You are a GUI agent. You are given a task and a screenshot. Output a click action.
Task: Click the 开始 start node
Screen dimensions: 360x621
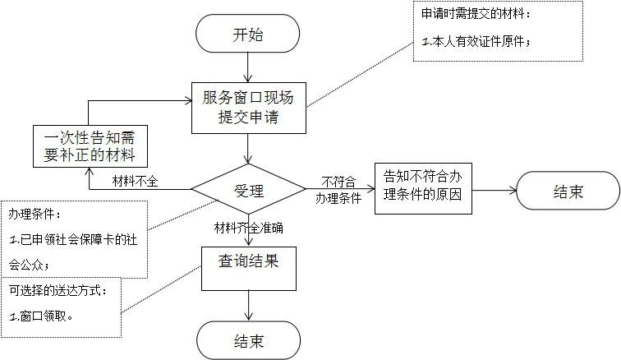(248, 35)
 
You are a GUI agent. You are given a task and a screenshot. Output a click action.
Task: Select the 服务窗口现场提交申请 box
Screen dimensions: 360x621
(248, 108)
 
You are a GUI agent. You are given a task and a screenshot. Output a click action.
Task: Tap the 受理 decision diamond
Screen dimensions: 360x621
(248, 192)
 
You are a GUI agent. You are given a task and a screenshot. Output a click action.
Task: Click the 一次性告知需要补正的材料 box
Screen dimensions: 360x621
(90, 145)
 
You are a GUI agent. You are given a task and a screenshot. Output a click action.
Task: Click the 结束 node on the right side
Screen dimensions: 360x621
(568, 192)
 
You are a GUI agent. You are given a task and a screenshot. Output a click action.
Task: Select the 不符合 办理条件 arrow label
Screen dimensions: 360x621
(338, 190)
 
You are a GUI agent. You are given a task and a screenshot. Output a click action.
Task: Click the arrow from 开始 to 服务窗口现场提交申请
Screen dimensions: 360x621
(248, 70)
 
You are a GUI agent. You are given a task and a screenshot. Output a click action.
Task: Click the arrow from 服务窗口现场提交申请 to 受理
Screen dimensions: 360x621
(248, 148)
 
